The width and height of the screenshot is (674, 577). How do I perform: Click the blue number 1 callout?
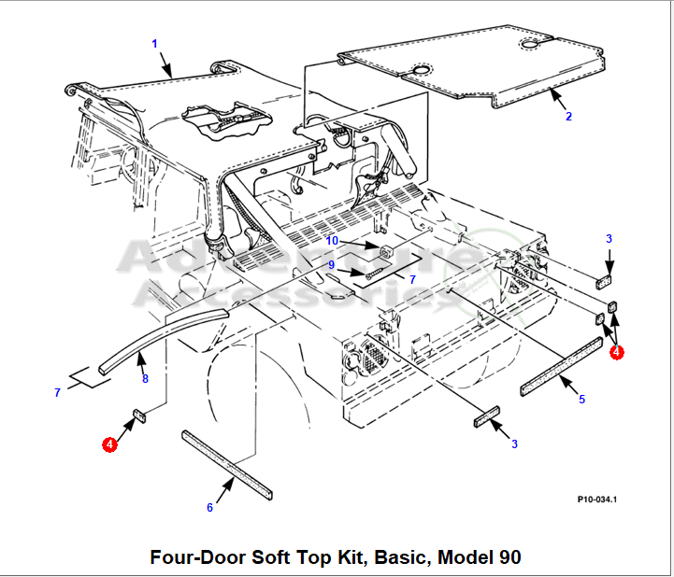154,43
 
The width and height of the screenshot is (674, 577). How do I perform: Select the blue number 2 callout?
568,117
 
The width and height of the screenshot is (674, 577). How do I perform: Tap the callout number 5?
581,400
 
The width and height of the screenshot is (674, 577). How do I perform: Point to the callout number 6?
209,507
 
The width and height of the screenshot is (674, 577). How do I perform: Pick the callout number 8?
145,378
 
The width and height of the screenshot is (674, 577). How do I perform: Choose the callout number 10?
332,241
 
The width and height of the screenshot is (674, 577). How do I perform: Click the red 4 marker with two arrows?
616,352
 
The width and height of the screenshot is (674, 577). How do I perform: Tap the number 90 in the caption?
509,557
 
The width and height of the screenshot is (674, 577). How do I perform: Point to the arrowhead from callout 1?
173,75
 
